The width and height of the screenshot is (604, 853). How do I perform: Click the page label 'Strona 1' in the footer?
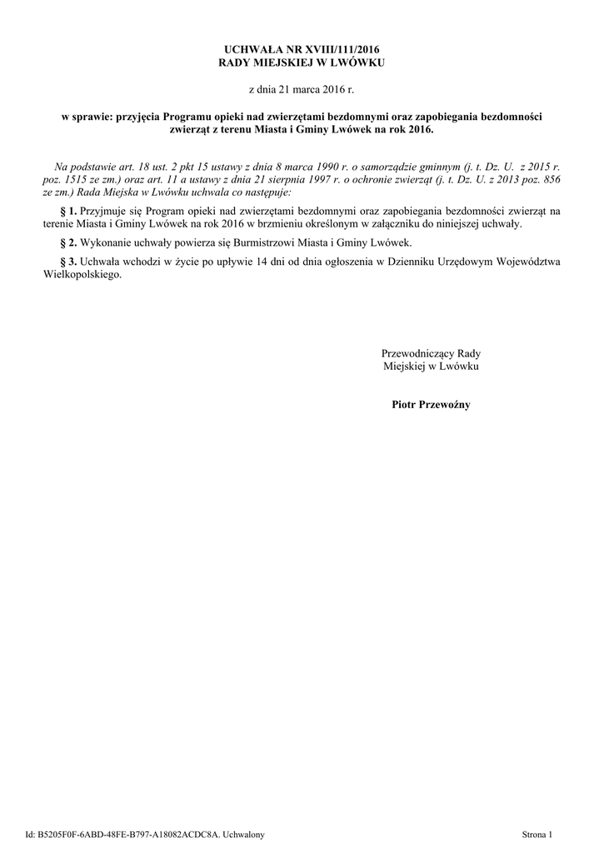point(537,834)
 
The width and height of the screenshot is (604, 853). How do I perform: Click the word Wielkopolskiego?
point(81,275)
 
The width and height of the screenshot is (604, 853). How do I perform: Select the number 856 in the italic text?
point(550,180)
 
